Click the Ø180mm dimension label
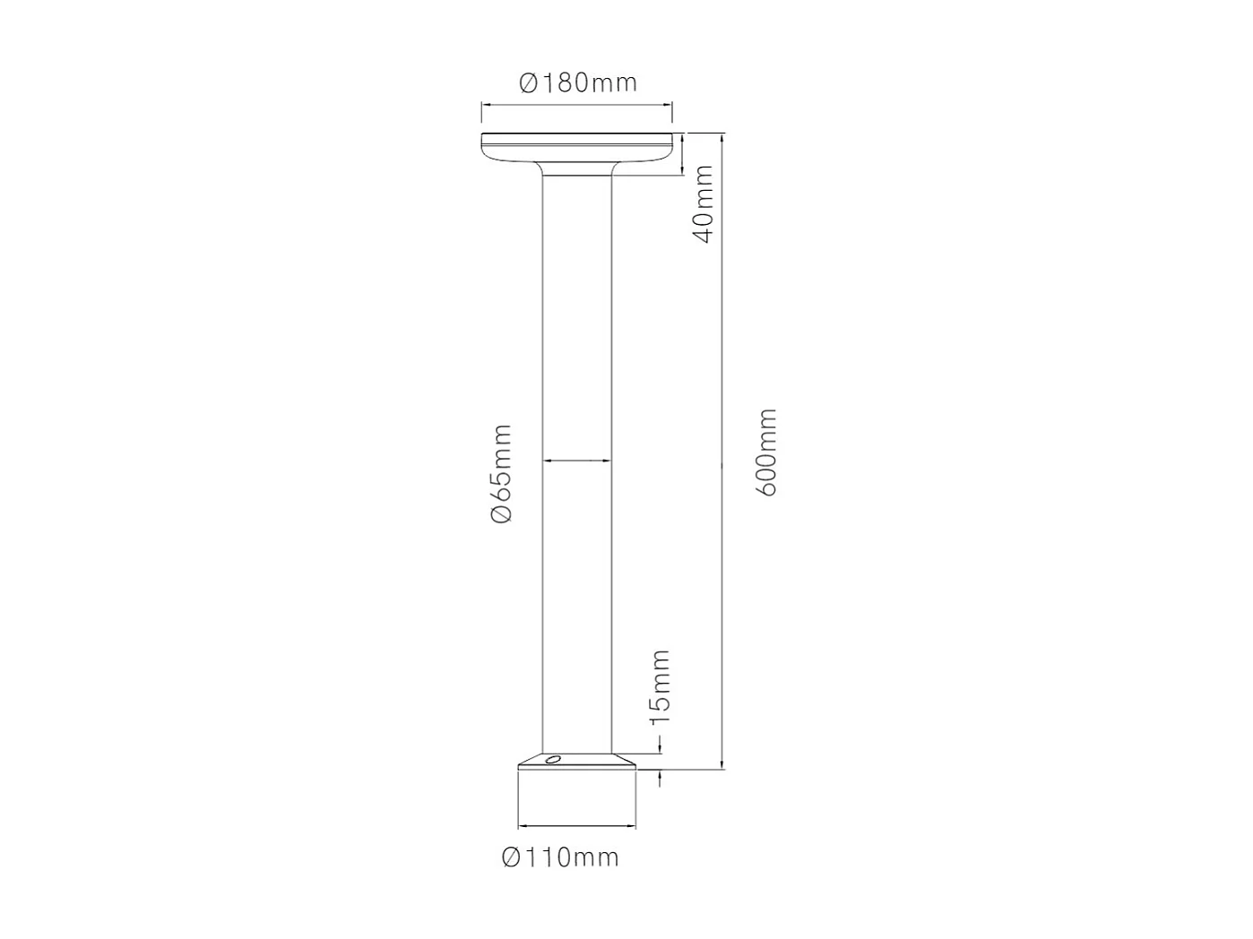(x=578, y=83)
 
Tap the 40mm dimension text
(x=704, y=203)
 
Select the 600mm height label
(x=767, y=452)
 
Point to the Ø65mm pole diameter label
(x=501, y=474)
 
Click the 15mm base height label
(x=661, y=688)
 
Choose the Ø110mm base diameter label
(x=560, y=857)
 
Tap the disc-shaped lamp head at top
(x=577, y=147)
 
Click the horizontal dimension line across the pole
(x=577, y=461)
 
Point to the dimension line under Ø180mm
(x=577, y=107)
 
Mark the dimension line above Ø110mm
(x=577, y=826)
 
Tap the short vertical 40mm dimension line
(x=684, y=154)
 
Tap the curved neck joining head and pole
(x=577, y=168)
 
